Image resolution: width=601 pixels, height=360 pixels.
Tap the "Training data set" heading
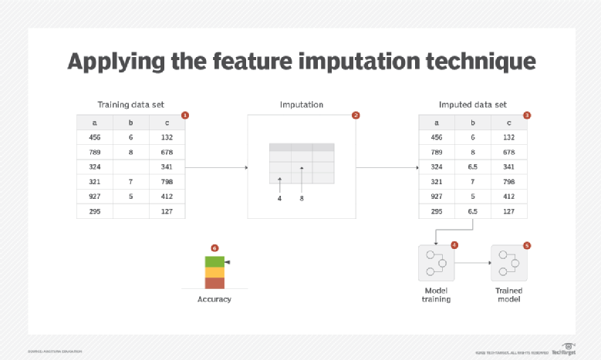point(130,104)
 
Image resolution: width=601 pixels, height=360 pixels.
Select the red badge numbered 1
point(185,115)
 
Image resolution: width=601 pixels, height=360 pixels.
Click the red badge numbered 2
point(356,115)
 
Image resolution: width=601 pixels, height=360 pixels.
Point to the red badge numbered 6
point(214,248)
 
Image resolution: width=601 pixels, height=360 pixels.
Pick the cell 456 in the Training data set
point(94,136)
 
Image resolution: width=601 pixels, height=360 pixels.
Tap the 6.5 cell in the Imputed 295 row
point(473,210)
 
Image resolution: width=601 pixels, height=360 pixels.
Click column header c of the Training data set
point(167,122)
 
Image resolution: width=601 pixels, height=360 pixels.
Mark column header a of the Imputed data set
point(437,122)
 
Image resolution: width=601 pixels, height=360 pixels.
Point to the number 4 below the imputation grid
point(279,198)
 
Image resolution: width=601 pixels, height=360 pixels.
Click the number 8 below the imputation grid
point(302,198)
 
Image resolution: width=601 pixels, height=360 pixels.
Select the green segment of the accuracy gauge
point(214,262)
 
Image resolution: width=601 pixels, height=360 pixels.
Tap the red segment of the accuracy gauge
point(214,283)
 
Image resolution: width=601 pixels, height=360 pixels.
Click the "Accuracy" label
point(214,299)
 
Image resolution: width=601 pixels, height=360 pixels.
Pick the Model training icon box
point(436,263)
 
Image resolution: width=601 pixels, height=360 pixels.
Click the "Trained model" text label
point(508,294)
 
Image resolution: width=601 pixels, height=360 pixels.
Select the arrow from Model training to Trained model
point(472,263)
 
